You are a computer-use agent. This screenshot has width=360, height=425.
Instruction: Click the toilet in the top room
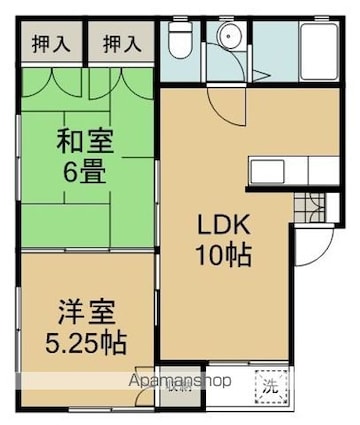click(180, 43)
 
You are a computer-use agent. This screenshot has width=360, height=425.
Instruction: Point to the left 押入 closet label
click(41, 44)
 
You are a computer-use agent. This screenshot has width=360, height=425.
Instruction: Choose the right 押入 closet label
click(122, 44)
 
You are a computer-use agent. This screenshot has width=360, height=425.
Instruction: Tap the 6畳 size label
click(84, 171)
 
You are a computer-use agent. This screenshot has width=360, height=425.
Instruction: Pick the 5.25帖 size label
click(84, 342)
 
